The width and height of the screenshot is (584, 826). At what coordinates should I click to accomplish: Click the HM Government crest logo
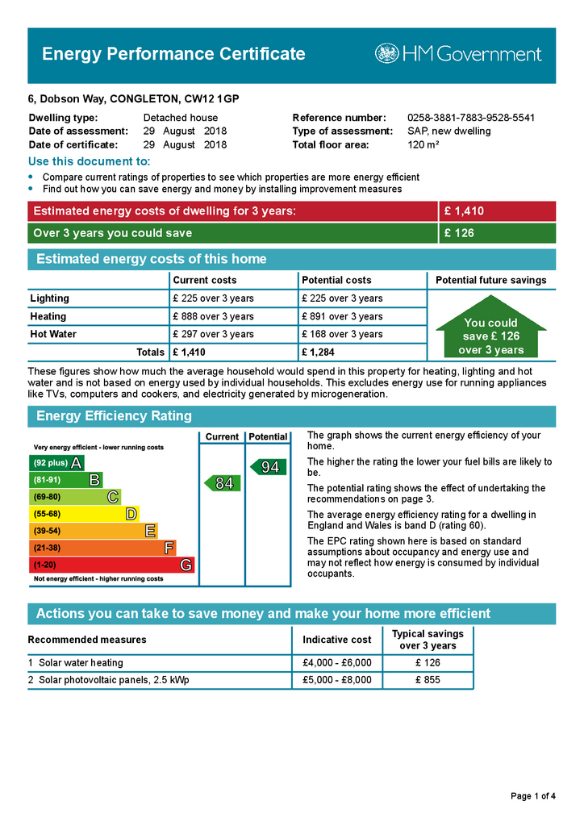tap(387, 54)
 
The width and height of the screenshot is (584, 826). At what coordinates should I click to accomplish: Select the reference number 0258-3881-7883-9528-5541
tap(471, 118)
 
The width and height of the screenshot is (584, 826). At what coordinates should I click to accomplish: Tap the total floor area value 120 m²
tap(423, 145)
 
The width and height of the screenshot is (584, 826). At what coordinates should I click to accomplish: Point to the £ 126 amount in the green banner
tap(459, 233)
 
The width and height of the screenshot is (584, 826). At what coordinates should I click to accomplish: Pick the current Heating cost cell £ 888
tap(214, 316)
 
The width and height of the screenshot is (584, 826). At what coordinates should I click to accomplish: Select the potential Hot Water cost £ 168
tap(342, 334)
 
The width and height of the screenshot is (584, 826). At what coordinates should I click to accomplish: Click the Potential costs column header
tap(336, 280)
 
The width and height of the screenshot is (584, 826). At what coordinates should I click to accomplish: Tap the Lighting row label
tap(50, 298)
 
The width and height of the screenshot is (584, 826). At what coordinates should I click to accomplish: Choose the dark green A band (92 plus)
tap(56, 463)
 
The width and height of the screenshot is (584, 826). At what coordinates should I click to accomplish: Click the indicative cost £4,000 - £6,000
tap(337, 663)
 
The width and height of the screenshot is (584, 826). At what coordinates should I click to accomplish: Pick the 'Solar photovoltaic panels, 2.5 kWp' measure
tap(114, 680)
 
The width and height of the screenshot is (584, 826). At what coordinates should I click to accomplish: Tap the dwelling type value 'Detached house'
tap(181, 118)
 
